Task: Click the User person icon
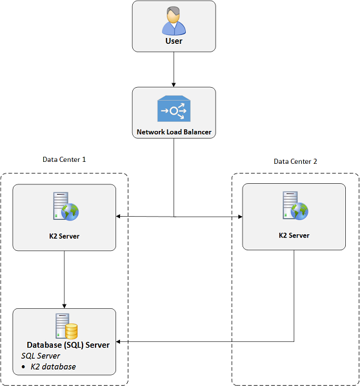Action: [174, 21]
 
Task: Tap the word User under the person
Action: [174, 41]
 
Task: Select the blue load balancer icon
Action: [174, 108]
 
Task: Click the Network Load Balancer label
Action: [174, 132]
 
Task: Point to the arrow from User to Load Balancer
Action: [174, 70]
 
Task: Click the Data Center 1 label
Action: [65, 159]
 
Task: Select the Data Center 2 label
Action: [295, 161]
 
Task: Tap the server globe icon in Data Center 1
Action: [66, 206]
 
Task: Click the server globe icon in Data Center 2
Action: [295, 206]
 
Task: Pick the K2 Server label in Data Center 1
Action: [65, 236]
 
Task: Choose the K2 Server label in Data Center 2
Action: [294, 235]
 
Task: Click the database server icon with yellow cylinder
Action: [66, 326]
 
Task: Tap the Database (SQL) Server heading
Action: [68, 345]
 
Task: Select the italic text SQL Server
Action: [41, 356]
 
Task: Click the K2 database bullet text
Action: [53, 367]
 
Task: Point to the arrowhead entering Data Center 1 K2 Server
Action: [118, 217]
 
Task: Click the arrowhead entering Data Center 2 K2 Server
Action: [240, 217]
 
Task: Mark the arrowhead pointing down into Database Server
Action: [65, 306]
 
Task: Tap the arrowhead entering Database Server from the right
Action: [118, 342]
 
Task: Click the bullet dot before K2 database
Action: [23, 367]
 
